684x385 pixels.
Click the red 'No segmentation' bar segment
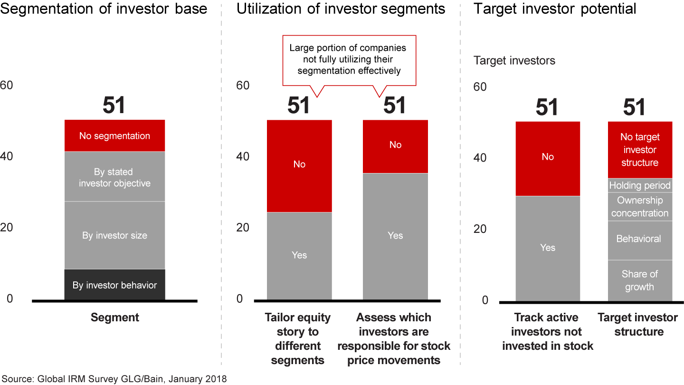114,136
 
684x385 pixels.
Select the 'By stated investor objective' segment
114,177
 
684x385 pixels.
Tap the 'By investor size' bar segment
114,235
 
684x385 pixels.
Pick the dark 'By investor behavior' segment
114,285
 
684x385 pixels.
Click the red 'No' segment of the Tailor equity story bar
299,164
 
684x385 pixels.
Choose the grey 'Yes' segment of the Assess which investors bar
395,236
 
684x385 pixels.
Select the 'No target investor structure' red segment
640,149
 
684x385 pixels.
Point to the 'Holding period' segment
640,185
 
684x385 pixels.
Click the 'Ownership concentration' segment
640,207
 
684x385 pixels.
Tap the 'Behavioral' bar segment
640,239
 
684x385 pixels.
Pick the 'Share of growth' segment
640,280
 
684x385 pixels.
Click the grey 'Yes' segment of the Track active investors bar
548,248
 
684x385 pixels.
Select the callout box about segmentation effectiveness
349,60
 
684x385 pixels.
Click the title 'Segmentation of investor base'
104,9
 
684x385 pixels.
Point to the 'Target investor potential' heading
554,9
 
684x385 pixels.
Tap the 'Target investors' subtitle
514,61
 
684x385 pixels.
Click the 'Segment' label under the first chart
115,318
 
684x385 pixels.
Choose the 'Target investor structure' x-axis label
637,325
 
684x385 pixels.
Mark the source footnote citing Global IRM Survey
114,379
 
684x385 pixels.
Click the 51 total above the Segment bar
114,106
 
